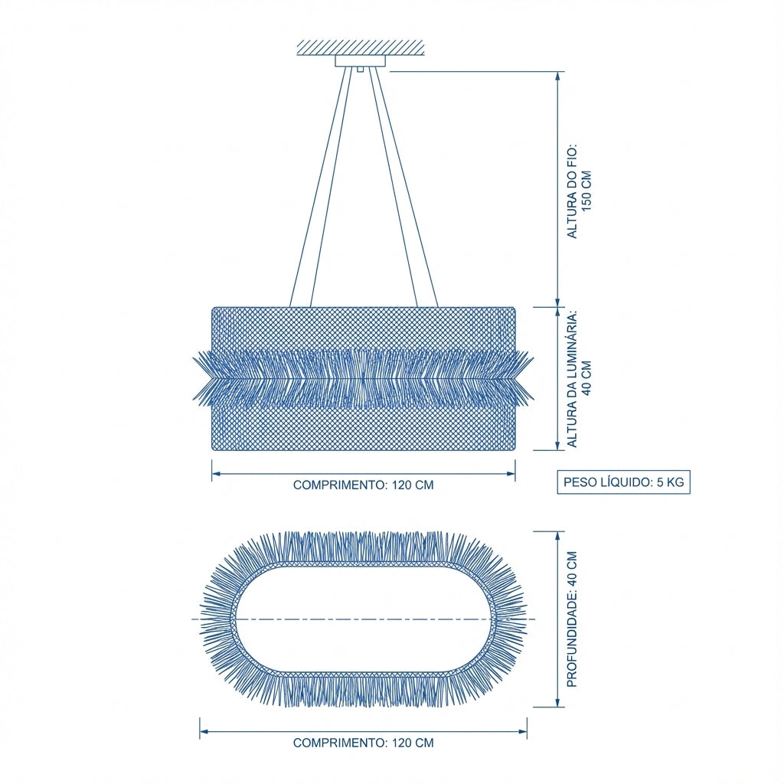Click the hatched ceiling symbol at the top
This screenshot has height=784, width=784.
pos(361,47)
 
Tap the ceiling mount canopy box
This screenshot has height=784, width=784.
pos(361,61)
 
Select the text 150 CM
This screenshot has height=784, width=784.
pos(586,191)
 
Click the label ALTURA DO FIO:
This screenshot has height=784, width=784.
pos(571,191)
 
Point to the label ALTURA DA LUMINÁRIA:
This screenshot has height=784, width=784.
pos(571,378)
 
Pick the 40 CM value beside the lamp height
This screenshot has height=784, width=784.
pos(586,378)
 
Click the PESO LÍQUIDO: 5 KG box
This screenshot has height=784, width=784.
pos(623,482)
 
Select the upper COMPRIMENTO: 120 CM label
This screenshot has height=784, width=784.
pos(364,485)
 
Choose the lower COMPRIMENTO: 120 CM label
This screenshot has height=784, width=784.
pos(364,743)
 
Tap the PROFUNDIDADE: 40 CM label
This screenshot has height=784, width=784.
pos(572,619)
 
